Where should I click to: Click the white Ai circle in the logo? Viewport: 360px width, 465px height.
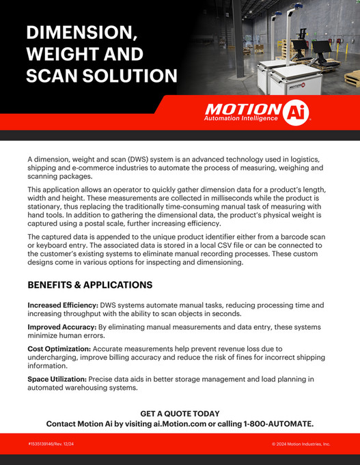295,111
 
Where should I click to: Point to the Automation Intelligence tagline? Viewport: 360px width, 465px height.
240,119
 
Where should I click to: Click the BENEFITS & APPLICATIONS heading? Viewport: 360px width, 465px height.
89,285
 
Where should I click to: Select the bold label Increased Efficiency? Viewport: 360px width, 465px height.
62,305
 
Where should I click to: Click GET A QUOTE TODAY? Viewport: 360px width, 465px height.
180,414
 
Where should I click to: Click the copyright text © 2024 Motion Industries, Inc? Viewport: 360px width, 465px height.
301,444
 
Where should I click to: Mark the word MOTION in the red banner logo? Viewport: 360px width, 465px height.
243,109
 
